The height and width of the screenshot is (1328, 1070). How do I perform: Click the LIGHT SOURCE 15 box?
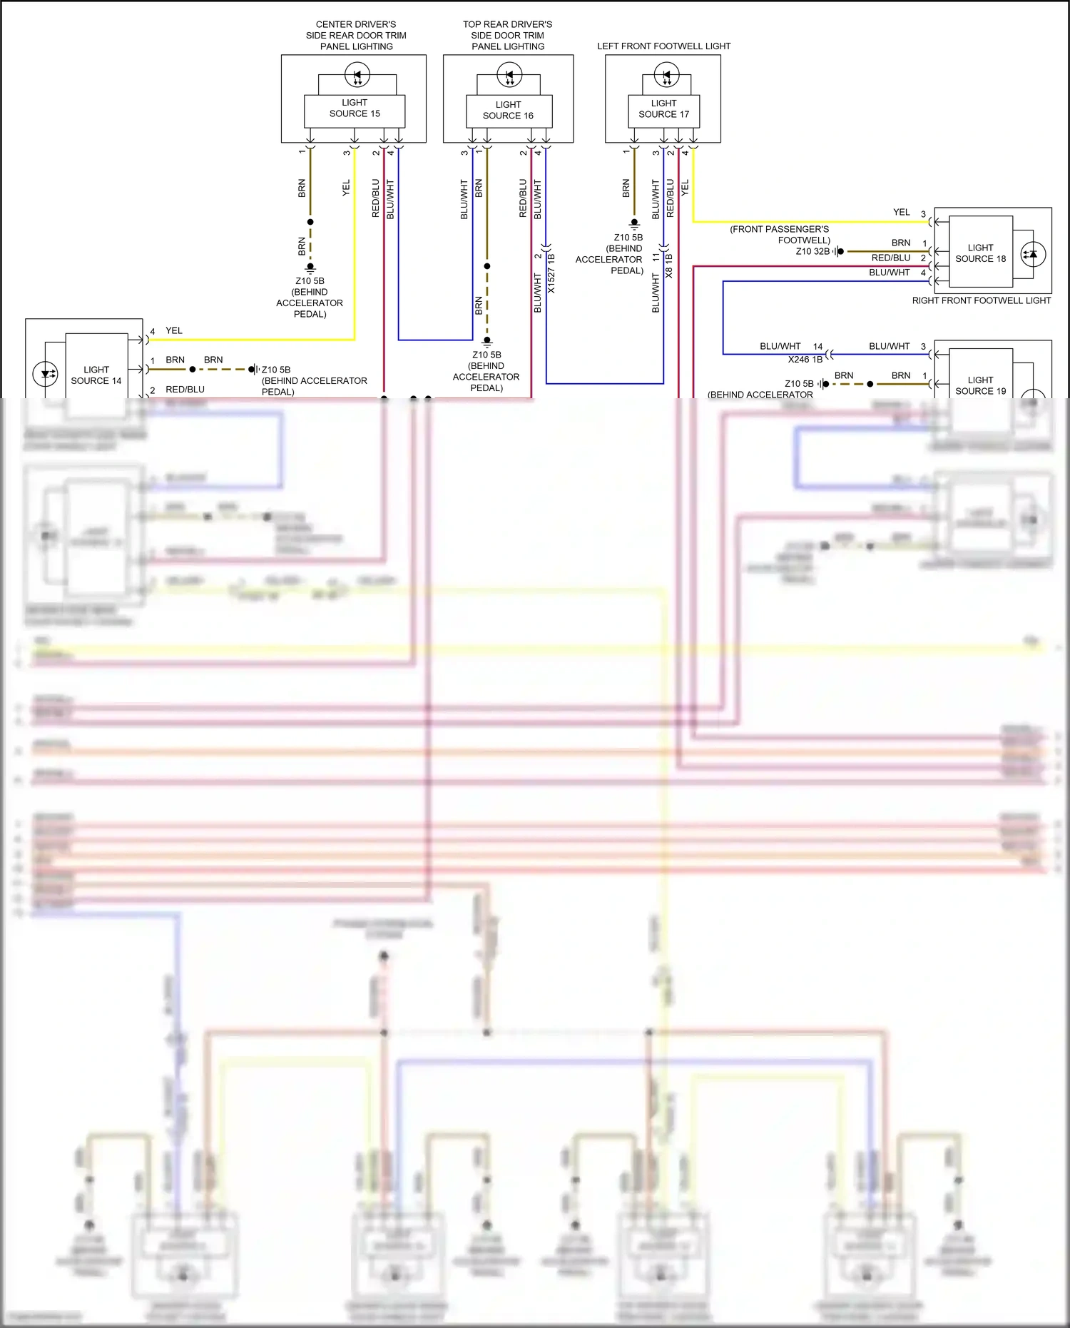[355, 111]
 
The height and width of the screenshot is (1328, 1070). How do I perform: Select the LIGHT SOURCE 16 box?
[509, 111]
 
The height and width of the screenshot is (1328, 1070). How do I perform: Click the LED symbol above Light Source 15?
[357, 74]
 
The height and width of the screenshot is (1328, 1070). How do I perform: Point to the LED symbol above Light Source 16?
[509, 74]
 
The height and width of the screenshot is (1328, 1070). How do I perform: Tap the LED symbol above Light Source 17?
[667, 74]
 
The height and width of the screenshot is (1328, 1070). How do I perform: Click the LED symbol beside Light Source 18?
[1034, 254]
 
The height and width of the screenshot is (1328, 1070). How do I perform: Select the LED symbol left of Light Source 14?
[46, 374]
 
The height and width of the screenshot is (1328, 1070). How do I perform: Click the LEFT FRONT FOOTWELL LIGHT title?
[663, 46]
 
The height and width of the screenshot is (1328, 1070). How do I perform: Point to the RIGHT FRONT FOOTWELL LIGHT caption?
[981, 301]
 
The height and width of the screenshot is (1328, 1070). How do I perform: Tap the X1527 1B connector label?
[551, 273]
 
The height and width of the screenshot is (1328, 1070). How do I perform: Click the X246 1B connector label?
[805, 360]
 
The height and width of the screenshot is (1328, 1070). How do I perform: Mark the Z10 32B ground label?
[812, 251]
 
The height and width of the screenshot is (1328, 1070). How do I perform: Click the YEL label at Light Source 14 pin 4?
[174, 331]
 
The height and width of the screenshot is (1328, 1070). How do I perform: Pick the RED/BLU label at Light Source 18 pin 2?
[890, 258]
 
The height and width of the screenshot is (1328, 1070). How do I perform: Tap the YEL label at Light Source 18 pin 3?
[902, 213]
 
